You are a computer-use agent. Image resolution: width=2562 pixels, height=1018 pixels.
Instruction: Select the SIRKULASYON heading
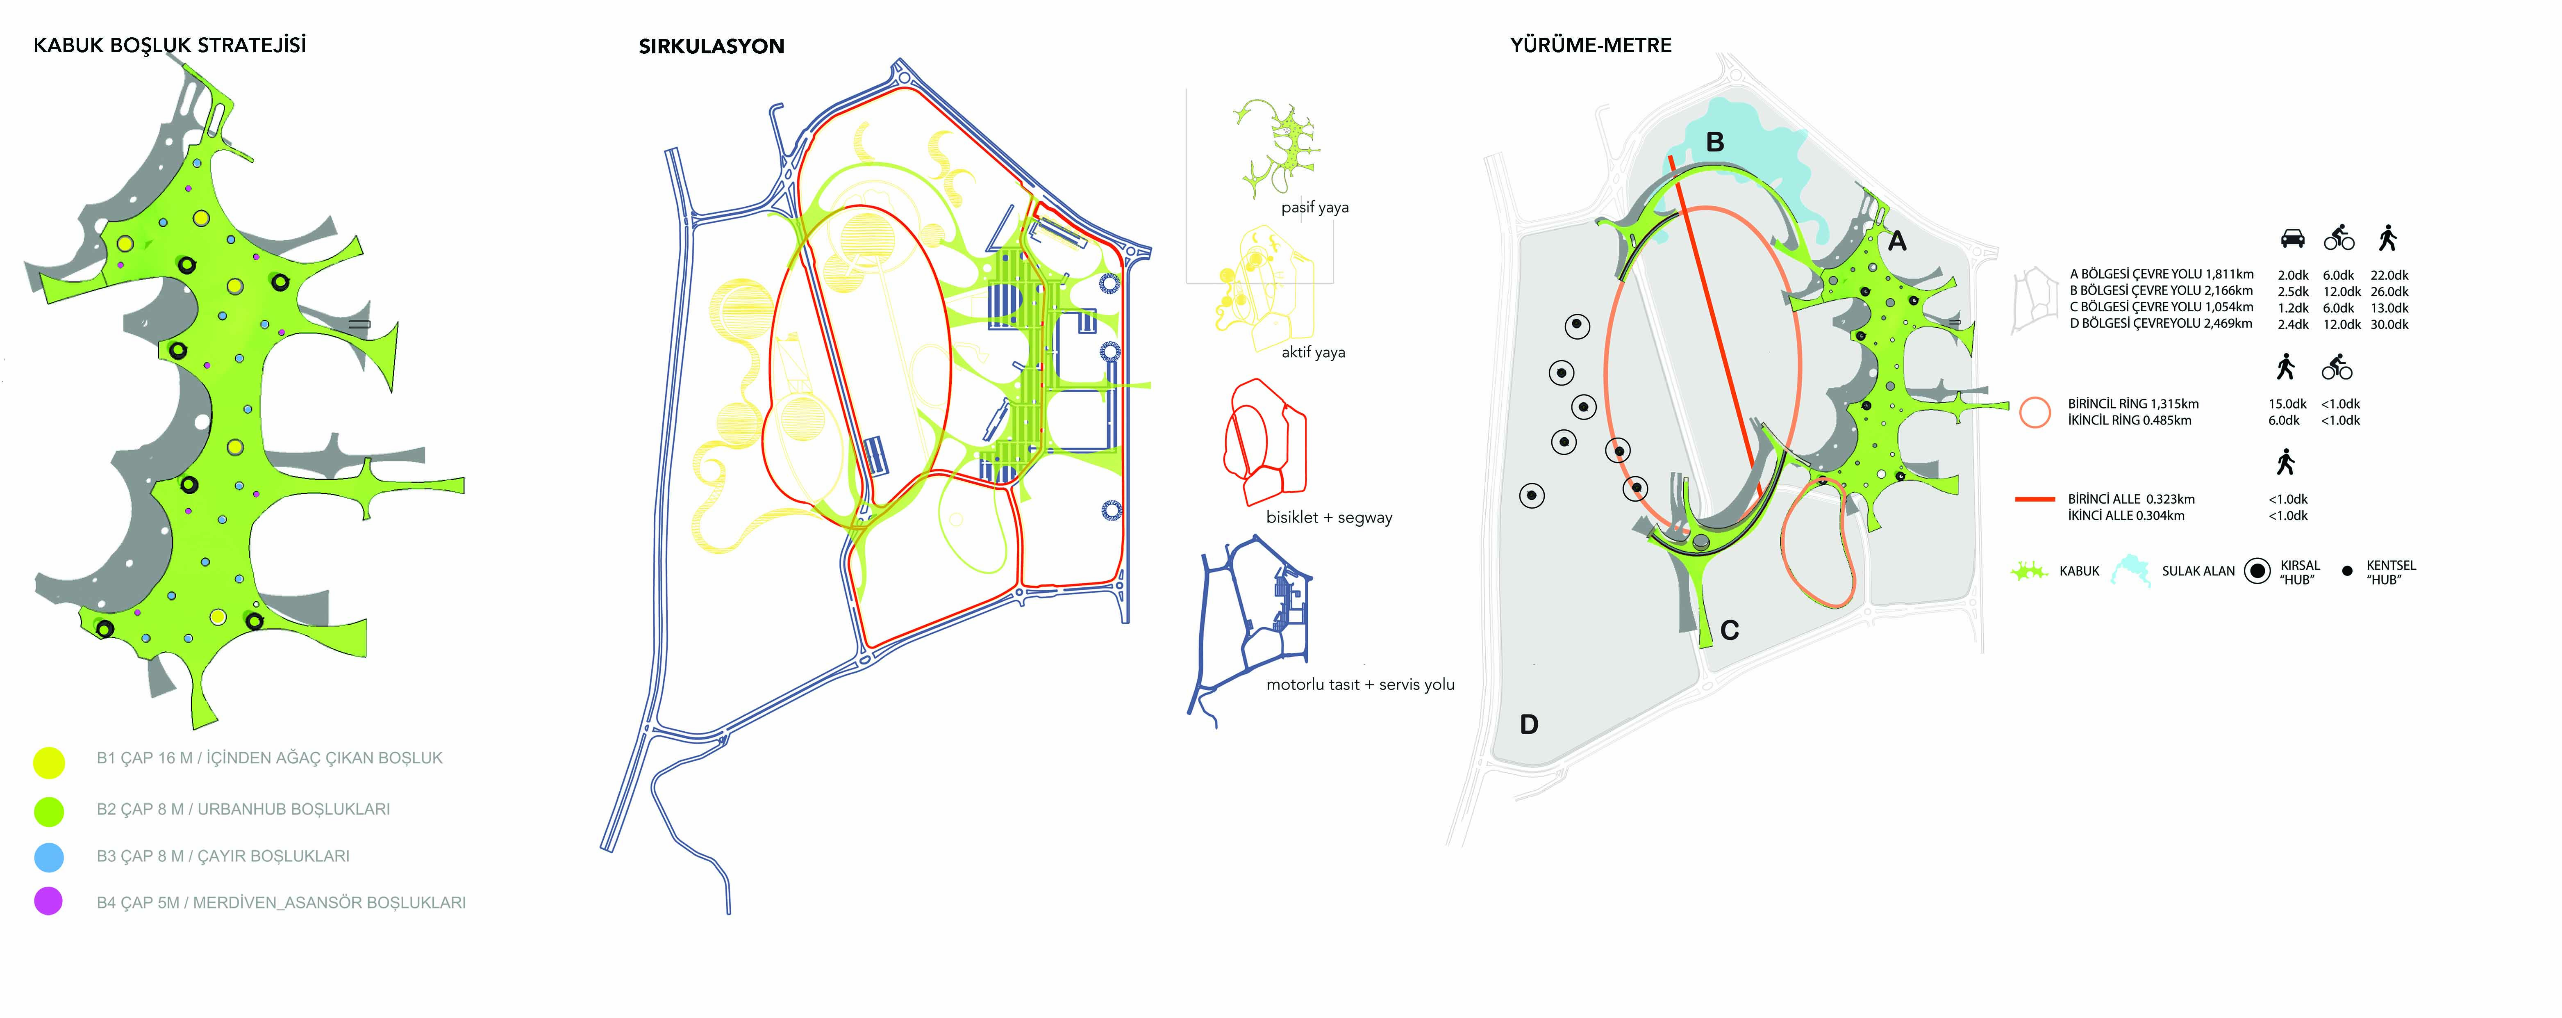(711, 46)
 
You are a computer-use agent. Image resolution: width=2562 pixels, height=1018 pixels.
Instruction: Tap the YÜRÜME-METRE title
(1590, 45)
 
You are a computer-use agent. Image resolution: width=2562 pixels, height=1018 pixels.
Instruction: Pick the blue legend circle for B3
(49, 857)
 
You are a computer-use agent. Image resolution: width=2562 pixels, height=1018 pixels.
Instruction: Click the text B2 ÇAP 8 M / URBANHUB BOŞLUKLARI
(243, 809)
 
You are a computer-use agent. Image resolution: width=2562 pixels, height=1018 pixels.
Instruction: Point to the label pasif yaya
(1315, 207)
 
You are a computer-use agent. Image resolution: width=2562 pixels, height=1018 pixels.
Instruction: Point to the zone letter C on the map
(1730, 630)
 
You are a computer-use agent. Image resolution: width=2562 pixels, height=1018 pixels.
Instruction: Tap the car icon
(2292, 239)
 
